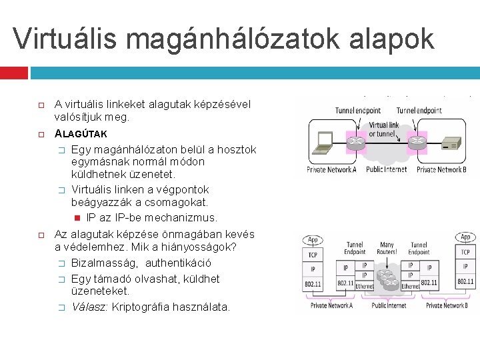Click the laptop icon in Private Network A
point(324,141)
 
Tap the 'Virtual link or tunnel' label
point(385,129)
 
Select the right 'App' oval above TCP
point(465,237)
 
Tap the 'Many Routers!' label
point(386,249)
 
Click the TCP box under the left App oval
point(311,255)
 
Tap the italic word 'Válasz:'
point(90,307)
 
